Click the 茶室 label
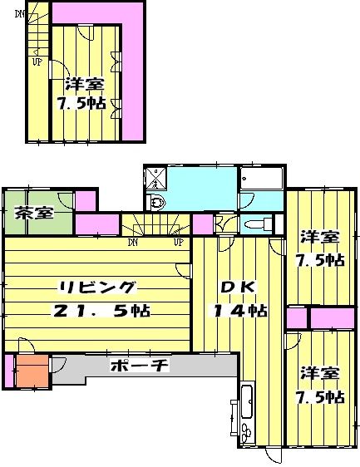click(33, 212)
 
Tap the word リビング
click(96, 288)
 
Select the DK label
click(235, 288)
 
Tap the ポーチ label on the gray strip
click(139, 366)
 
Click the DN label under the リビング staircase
click(133, 243)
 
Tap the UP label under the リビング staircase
click(177, 243)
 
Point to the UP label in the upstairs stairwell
click(37, 61)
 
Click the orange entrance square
click(34, 371)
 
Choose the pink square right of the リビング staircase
click(202, 224)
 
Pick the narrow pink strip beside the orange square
click(9, 371)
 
